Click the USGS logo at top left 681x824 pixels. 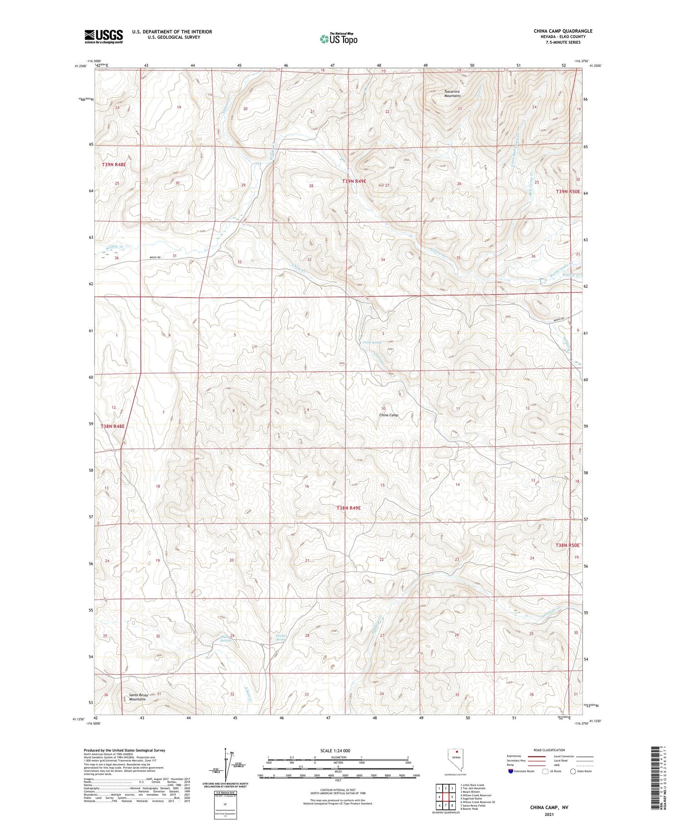click(104, 36)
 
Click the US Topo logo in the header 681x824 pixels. click(338, 39)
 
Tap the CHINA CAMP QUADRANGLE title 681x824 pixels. click(563, 31)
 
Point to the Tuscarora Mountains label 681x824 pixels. click(452, 94)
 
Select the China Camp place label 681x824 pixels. click(388, 415)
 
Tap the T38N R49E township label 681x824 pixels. click(349, 508)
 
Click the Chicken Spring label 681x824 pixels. click(281, 637)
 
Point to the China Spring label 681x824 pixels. click(372, 342)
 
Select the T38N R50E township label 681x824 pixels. click(567, 545)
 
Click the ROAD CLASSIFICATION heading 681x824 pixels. click(549, 750)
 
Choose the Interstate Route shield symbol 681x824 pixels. click(511, 771)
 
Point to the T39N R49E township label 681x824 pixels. click(354, 181)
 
